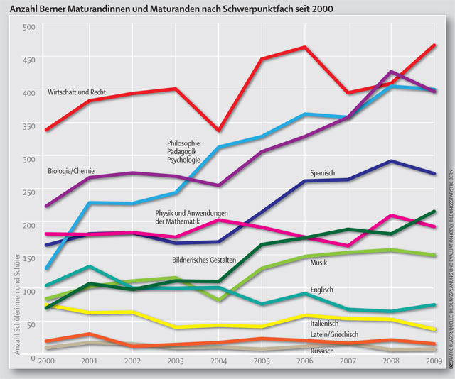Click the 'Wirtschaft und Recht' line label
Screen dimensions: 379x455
(x=77, y=92)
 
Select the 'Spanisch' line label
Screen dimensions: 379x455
(x=322, y=173)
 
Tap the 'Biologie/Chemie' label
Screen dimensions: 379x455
(x=71, y=171)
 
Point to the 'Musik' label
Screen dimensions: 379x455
(x=319, y=263)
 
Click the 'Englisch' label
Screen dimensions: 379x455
(x=322, y=290)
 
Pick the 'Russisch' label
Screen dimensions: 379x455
(x=323, y=351)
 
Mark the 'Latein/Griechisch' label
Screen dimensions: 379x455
(x=334, y=334)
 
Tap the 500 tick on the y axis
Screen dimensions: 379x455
(x=28, y=27)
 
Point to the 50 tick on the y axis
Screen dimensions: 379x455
(x=30, y=324)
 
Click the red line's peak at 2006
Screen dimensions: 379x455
(x=304, y=47)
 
